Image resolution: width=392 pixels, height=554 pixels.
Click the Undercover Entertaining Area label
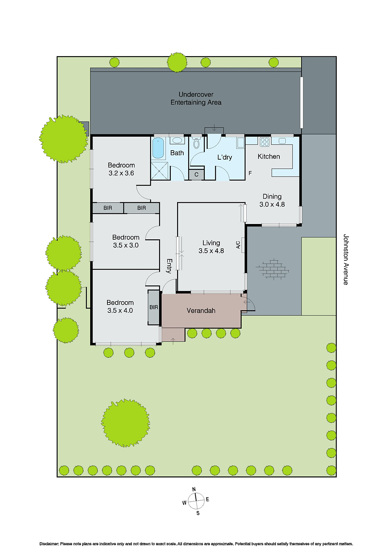point(196,98)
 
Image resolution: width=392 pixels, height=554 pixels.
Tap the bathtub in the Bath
point(158,148)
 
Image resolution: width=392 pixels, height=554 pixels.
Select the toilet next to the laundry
point(197,143)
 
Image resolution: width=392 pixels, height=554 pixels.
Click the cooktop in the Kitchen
point(264,142)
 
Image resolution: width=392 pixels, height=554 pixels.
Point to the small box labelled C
point(196,175)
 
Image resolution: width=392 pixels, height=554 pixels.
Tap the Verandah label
point(201,311)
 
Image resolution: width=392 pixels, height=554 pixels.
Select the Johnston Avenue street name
point(346,259)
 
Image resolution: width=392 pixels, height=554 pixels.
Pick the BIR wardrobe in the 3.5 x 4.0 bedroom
point(154,307)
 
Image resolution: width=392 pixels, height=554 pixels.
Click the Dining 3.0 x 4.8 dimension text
point(272,204)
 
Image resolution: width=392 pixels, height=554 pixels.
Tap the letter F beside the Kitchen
point(250,173)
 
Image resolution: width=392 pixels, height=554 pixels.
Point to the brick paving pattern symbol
point(272,269)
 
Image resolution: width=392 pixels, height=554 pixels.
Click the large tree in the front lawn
point(125,423)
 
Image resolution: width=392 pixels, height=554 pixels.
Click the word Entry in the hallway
point(169,266)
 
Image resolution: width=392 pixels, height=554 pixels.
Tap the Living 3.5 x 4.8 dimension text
point(211,251)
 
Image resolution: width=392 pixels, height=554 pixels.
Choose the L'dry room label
point(225,157)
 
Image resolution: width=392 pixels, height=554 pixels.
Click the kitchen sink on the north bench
point(282,141)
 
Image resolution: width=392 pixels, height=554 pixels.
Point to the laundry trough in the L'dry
point(240,143)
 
